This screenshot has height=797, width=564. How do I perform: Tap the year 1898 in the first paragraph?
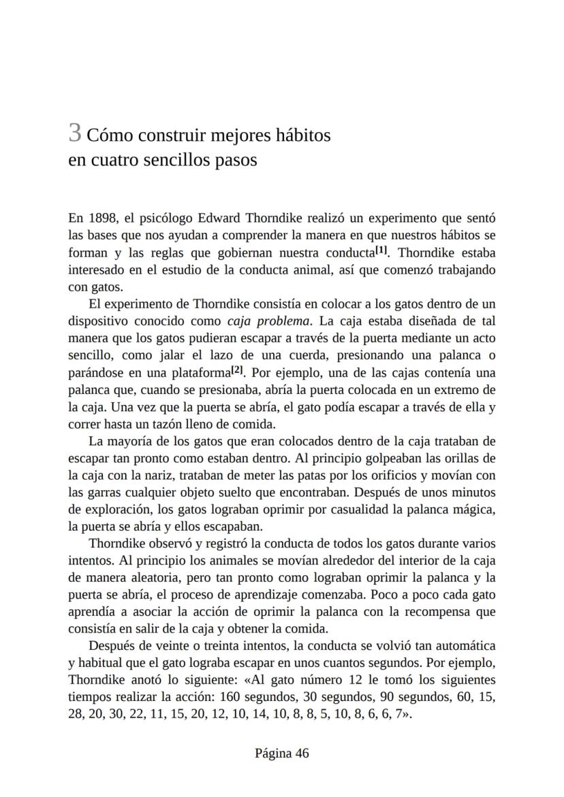(101, 218)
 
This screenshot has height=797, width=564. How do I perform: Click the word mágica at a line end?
(477, 509)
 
